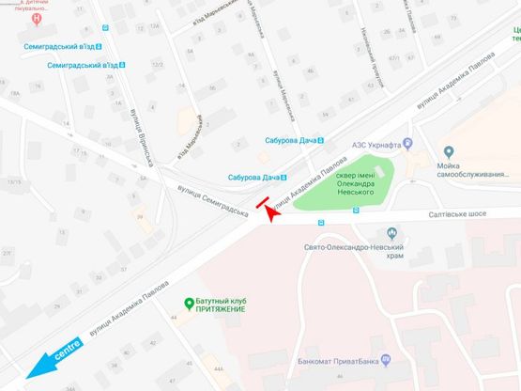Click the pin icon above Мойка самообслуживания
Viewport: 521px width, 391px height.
click(449, 152)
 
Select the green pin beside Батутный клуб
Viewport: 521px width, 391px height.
click(189, 303)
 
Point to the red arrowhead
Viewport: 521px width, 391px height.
click(271, 212)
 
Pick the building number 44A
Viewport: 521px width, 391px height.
click(219, 369)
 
